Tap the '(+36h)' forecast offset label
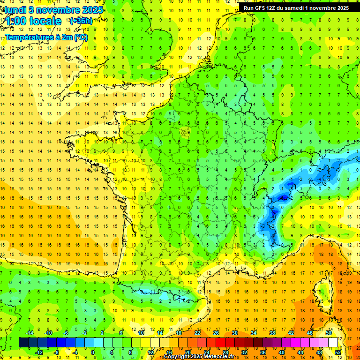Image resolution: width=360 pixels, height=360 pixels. pyautogui.click(x=81, y=21)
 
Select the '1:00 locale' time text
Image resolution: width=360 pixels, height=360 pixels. pyautogui.click(x=33, y=21)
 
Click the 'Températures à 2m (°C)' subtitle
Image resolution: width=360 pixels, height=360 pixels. pyautogui.click(x=46, y=37)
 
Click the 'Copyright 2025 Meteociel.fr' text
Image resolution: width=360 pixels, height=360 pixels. pyautogui.click(x=199, y=357)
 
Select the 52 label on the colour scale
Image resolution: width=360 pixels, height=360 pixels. pyautogui.click(x=337, y=352)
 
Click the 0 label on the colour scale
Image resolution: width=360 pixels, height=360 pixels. pyautogui.click(x=93, y=352)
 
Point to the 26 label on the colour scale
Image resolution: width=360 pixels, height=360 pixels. pyautogui.click(x=216, y=333)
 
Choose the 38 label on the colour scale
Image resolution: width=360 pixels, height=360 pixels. pyautogui.click(x=272, y=333)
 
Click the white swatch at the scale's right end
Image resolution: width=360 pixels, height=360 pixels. pyautogui.click(x=333, y=342)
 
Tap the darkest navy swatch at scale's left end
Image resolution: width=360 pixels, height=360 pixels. pyautogui.click(x=23, y=342)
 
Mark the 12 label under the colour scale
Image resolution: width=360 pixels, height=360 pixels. pyautogui.click(x=150, y=352)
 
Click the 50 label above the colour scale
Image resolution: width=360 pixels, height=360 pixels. pyautogui.click(x=328, y=333)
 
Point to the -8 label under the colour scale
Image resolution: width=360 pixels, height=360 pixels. pyautogui.click(x=57, y=352)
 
